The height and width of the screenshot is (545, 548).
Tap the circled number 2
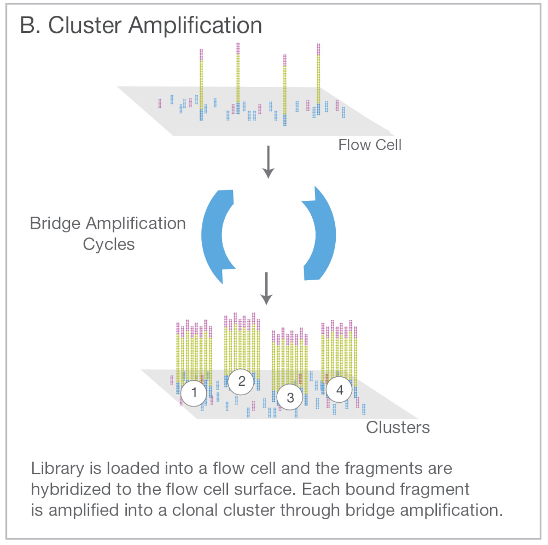(x=242, y=382)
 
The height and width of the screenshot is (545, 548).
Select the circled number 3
(x=290, y=397)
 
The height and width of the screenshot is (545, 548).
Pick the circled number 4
(x=340, y=390)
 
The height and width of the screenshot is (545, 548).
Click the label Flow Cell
(x=370, y=145)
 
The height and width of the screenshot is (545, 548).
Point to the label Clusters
(x=398, y=427)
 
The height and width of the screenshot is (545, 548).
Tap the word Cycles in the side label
(x=109, y=244)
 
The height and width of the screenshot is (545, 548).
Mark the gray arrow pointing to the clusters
(x=266, y=288)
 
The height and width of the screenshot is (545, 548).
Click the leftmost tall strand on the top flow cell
(x=201, y=82)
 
